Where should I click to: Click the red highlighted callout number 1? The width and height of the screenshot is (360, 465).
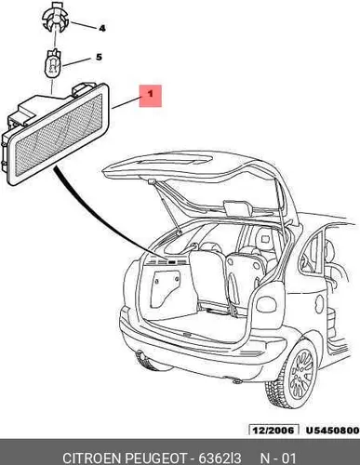click(x=151, y=96)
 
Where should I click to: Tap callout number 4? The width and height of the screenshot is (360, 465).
click(x=102, y=29)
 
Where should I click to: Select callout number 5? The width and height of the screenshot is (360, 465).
click(x=99, y=57)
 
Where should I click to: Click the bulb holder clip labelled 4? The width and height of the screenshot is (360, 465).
click(x=56, y=17)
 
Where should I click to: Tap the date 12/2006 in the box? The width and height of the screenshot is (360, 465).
click(x=273, y=431)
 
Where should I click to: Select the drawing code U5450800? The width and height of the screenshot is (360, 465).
click(x=332, y=431)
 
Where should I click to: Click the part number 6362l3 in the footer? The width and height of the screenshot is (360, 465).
click(x=220, y=458)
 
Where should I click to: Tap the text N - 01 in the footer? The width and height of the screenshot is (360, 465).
click(x=277, y=458)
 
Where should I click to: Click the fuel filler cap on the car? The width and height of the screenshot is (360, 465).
click(x=319, y=301)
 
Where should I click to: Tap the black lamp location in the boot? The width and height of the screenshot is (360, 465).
click(x=171, y=261)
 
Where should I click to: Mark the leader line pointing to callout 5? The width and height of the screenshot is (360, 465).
click(x=76, y=62)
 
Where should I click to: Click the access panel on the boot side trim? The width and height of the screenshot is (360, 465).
click(x=166, y=289)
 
